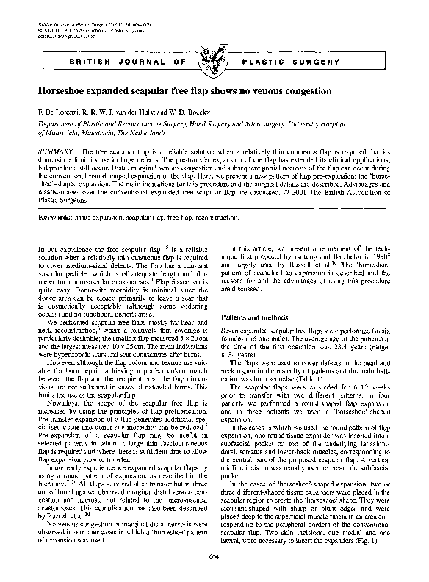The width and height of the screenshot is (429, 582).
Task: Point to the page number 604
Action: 214,557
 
